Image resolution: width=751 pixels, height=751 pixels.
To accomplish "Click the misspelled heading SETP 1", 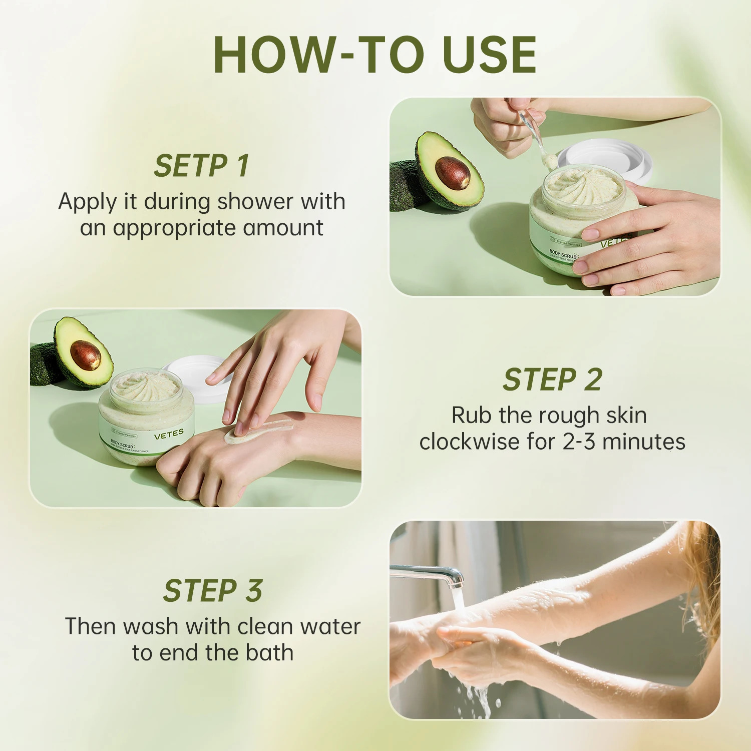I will coord(201,166).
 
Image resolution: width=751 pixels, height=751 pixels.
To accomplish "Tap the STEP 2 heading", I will coord(552,380).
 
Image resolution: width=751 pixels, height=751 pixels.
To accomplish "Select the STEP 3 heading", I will coord(213,591).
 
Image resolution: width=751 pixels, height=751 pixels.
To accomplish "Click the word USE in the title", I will coord(490,55).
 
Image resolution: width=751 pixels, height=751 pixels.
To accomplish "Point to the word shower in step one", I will coord(255,202).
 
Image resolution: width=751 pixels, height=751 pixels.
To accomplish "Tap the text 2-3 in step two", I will coord(579,442).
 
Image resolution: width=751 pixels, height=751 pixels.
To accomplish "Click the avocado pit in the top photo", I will coord(453,173).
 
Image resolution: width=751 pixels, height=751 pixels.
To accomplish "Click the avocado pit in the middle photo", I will coord(86,355).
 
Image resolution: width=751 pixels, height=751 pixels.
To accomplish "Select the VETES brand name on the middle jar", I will coord(169,434).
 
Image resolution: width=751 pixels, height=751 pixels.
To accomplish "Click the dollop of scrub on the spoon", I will coord(549,161).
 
